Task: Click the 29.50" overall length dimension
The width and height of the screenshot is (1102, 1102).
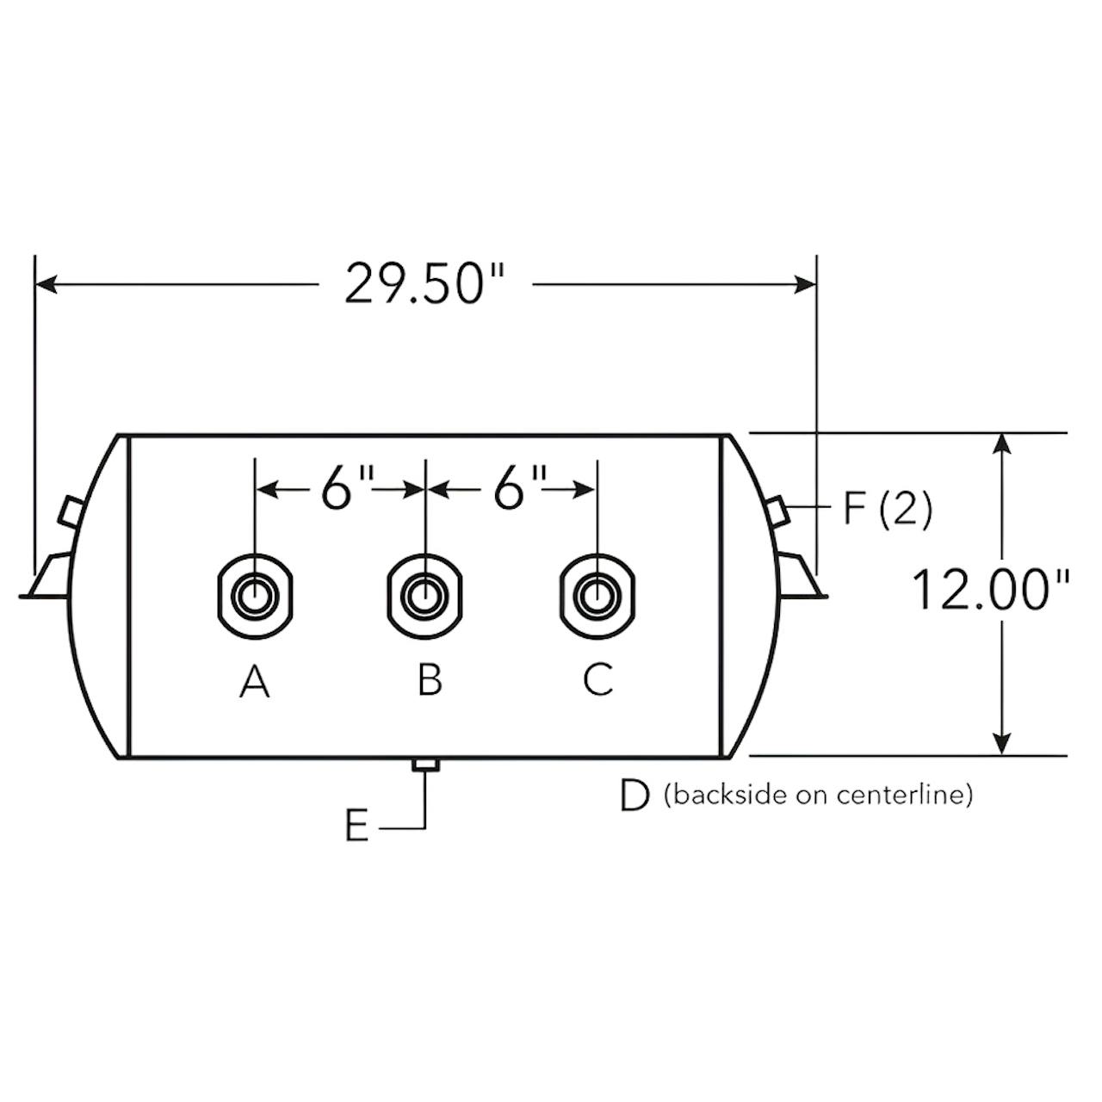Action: coord(425,283)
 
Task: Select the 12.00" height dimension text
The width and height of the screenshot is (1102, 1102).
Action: coord(990,590)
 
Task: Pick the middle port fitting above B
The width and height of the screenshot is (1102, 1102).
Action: coord(425,596)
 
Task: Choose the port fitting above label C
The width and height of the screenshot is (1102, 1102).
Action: coord(597,596)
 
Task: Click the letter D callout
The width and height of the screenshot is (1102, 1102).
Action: coord(635,796)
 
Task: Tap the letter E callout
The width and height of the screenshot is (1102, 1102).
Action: coord(356,826)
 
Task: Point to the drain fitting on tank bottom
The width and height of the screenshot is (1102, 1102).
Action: coord(425,765)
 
